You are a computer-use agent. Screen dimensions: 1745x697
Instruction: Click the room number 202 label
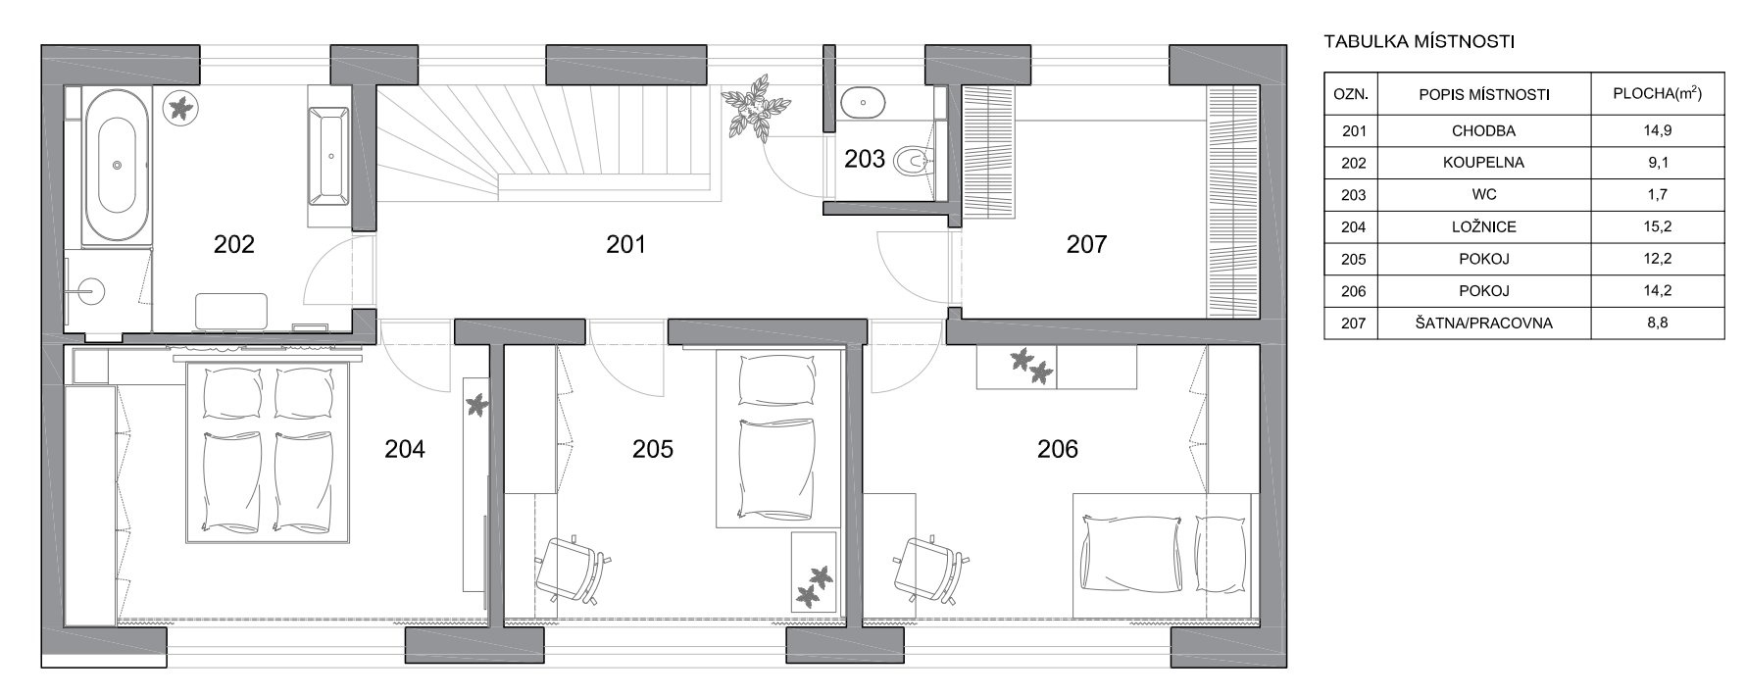point(234,244)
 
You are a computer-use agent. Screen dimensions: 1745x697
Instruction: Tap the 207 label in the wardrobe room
point(1086,244)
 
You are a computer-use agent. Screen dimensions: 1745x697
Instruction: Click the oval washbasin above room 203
point(863,101)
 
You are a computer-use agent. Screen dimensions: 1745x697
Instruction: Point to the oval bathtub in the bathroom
point(117,167)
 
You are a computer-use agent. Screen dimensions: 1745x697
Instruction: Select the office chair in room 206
point(931,569)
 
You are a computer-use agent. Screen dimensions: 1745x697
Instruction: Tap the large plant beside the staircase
point(754,107)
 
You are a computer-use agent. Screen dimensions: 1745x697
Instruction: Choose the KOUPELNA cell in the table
point(1483,163)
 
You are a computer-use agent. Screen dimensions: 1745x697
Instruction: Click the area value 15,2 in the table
point(1657,227)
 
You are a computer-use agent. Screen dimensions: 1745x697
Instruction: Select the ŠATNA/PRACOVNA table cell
point(1483,324)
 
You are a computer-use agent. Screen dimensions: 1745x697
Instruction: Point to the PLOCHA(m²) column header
point(1657,94)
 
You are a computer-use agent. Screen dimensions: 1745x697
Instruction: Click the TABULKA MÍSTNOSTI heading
point(1420,42)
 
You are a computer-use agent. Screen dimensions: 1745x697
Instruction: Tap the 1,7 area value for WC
point(1657,195)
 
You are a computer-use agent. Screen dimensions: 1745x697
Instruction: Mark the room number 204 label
point(405,449)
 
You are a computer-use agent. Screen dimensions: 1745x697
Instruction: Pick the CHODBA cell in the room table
point(1483,130)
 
